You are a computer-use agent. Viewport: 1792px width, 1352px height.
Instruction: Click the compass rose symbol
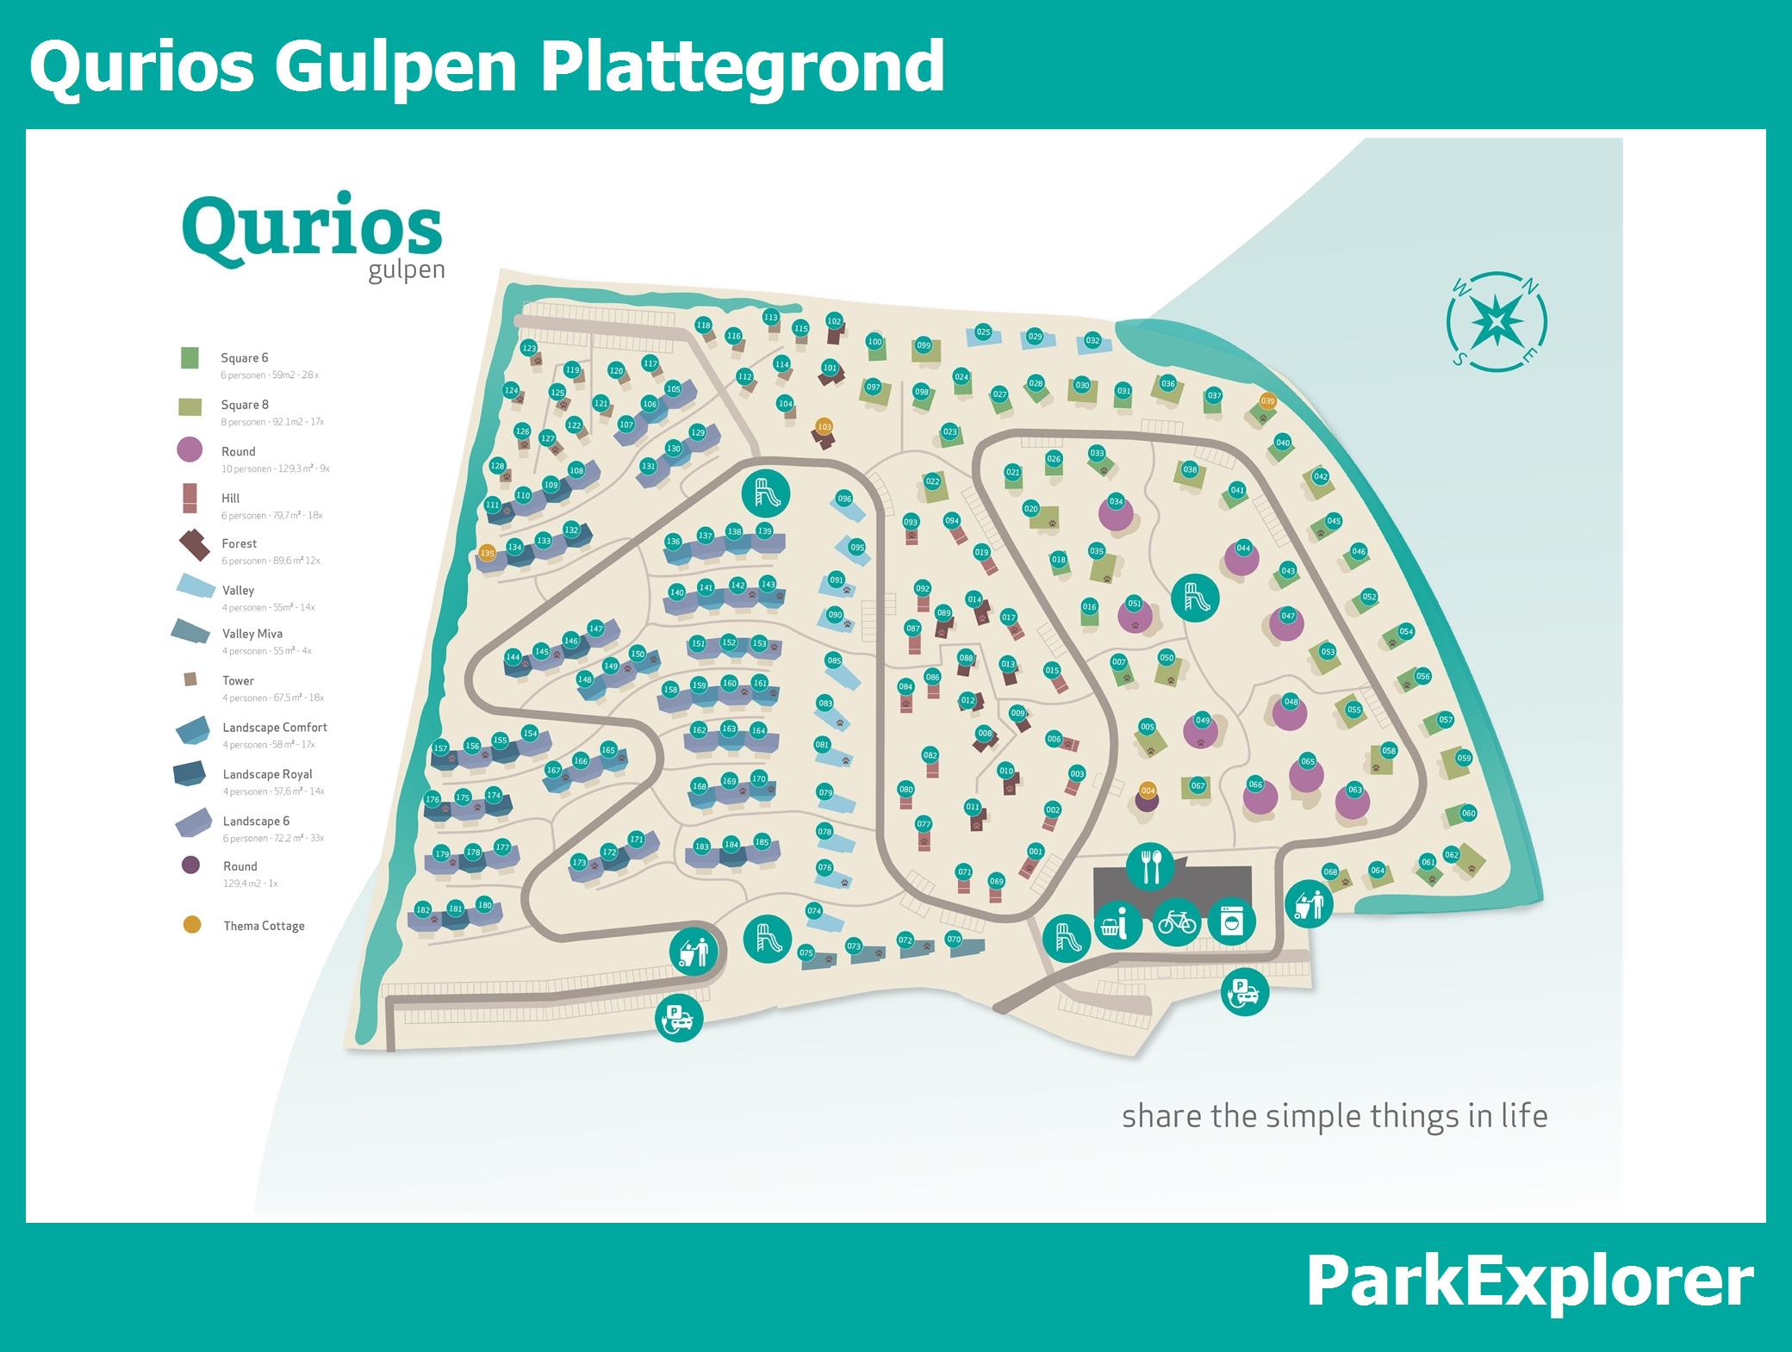click(1497, 321)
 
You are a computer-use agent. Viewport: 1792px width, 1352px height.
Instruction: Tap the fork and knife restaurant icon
click(1150, 866)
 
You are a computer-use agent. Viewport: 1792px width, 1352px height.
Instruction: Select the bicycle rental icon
click(1177, 922)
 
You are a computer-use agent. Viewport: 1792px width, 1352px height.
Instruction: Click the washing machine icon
click(1232, 922)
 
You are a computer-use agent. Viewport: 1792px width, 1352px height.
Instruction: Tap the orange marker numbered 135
click(487, 554)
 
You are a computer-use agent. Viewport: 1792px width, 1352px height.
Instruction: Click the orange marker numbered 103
click(824, 427)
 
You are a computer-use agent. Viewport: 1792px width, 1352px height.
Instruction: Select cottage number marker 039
click(1267, 401)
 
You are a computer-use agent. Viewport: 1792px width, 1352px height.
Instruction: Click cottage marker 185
click(762, 842)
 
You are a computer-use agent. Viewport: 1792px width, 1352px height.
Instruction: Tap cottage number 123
click(529, 349)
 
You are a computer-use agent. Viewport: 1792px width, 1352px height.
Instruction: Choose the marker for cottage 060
click(1468, 813)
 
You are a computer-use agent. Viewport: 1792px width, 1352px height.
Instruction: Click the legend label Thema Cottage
click(264, 926)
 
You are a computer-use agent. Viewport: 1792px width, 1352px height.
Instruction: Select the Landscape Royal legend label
click(267, 774)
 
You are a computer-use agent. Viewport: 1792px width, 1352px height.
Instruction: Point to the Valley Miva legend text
click(252, 634)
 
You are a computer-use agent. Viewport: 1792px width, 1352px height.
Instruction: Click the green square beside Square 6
click(190, 358)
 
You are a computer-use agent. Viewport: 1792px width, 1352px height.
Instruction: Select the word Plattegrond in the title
click(742, 66)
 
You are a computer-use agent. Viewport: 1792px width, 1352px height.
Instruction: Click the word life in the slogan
click(1523, 1116)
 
